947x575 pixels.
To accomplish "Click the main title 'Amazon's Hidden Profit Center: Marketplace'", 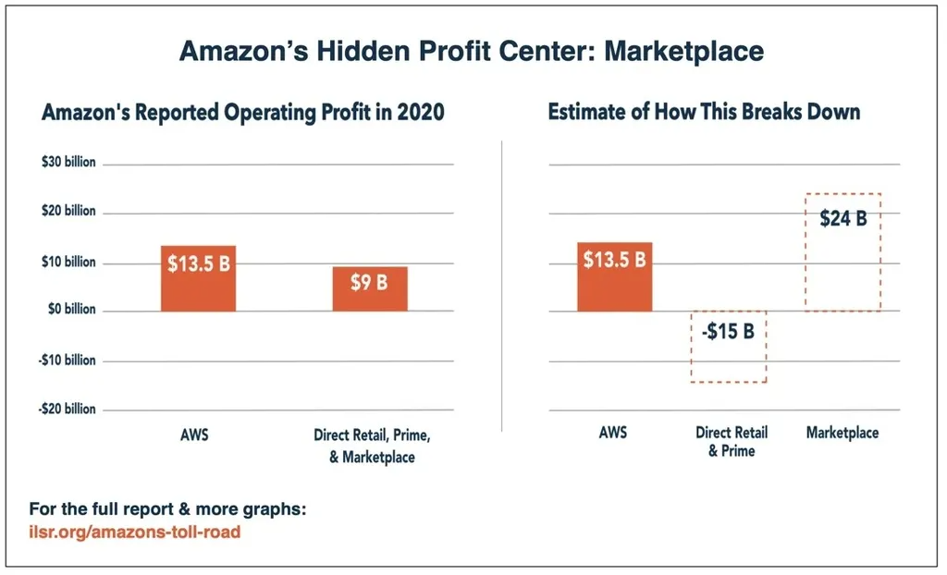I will point(472,51).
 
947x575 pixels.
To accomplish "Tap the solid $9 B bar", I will point(370,288).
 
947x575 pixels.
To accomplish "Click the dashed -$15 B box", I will point(729,346).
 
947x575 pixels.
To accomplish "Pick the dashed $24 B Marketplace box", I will point(842,251).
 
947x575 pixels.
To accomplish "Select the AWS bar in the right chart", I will point(614,276).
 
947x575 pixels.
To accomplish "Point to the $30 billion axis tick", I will point(68,163).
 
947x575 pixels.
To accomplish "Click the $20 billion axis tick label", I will point(68,212).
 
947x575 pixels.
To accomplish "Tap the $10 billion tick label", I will point(68,262).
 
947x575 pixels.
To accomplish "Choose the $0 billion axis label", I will point(69,310).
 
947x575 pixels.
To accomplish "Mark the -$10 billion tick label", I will point(68,360).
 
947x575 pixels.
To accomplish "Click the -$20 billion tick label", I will point(68,409).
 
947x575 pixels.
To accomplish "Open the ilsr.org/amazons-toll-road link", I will point(135,532).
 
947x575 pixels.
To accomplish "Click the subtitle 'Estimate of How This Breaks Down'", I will point(704,113).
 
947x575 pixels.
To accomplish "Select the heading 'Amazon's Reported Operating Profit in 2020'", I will point(243,114).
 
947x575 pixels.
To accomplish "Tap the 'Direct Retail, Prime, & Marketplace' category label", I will point(372,445).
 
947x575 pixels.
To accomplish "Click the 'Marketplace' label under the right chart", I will point(842,433).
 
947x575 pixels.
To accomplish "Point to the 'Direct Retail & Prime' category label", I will point(731,441).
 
